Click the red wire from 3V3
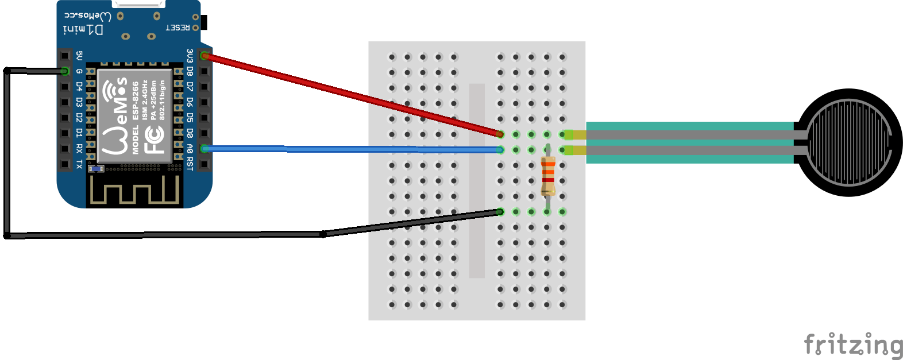[x=350, y=95]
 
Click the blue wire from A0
[x=350, y=149]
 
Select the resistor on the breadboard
[x=548, y=175]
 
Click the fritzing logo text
[x=853, y=345]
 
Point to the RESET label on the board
[x=177, y=28]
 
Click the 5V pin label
[x=79, y=56]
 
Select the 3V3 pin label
[x=190, y=56]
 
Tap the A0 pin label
[x=190, y=149]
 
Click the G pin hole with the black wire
[x=65, y=71]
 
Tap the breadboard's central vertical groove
[x=477, y=181]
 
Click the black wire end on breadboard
[x=500, y=212]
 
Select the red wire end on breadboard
[x=500, y=134]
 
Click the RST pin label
[x=190, y=165]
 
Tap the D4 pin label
[x=79, y=87]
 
